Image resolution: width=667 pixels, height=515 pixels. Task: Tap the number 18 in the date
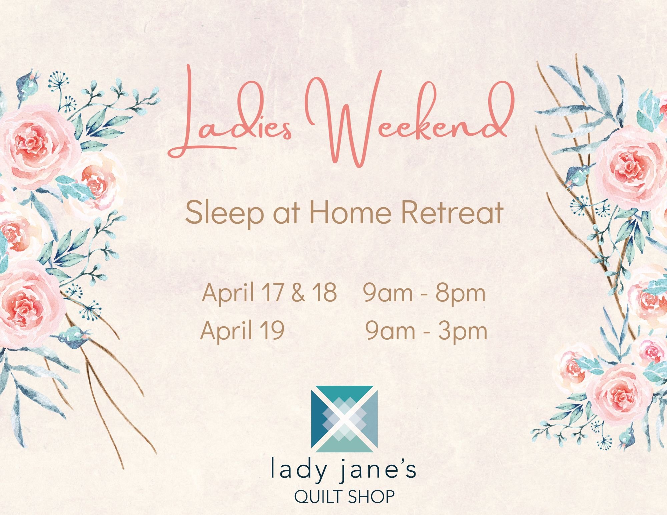tap(324, 292)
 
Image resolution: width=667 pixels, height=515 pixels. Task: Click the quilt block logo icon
tap(345, 419)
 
